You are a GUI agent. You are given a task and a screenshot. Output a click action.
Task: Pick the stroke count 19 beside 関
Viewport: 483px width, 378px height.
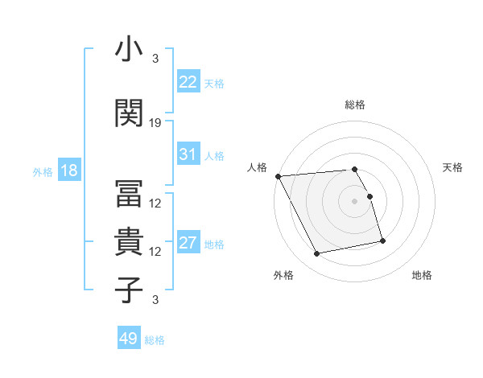[x=155, y=123]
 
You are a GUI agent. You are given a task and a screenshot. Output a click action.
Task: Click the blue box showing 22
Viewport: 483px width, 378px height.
[x=188, y=82]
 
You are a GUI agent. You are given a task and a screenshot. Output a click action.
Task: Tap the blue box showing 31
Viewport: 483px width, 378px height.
[x=188, y=154]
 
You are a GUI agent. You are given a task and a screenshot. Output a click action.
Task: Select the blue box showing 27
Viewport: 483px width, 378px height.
[x=188, y=243]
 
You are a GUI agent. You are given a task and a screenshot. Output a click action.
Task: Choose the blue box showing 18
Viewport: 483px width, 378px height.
[x=68, y=171]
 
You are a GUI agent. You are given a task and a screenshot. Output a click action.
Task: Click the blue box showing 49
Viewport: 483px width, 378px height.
[x=129, y=339]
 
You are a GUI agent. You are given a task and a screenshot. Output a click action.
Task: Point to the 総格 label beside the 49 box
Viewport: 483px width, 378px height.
[x=155, y=340]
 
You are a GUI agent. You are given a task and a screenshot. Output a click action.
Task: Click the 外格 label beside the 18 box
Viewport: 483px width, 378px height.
[x=43, y=171]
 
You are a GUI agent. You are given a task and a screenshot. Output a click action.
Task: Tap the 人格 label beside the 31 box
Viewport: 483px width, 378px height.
[x=214, y=156]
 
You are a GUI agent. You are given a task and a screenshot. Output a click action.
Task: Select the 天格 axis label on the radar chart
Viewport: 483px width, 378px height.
[x=453, y=167]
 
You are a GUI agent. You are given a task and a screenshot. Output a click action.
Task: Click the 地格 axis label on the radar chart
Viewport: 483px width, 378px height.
[x=422, y=276]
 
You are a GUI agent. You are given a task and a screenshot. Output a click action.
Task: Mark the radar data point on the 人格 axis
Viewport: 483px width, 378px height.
[x=278, y=176]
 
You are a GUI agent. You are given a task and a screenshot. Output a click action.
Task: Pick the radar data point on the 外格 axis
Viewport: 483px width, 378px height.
[x=317, y=254]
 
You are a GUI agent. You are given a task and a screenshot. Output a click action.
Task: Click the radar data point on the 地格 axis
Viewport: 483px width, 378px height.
[x=382, y=240]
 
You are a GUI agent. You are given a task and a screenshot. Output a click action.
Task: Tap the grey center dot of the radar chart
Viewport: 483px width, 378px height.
[x=354, y=201]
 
